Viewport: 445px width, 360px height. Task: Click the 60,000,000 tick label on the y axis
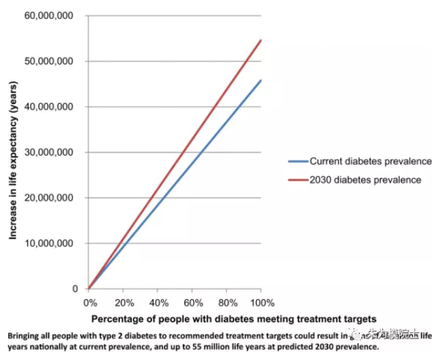click(x=51, y=15)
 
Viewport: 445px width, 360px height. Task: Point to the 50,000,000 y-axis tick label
click(x=51, y=61)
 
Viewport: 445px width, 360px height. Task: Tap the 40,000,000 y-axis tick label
click(x=51, y=107)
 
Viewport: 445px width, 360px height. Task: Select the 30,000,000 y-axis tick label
click(x=51, y=152)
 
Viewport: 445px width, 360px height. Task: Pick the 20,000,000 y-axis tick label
click(x=51, y=197)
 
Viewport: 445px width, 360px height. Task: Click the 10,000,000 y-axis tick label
click(x=51, y=243)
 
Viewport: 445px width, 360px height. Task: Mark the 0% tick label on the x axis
click(x=90, y=303)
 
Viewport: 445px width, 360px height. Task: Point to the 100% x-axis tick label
click(x=262, y=303)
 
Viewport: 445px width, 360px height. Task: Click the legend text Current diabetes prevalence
click(x=370, y=163)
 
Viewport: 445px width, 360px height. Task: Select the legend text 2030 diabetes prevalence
click(x=365, y=179)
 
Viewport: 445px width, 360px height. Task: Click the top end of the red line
click(x=261, y=40)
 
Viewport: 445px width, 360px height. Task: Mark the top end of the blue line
click(x=261, y=80)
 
